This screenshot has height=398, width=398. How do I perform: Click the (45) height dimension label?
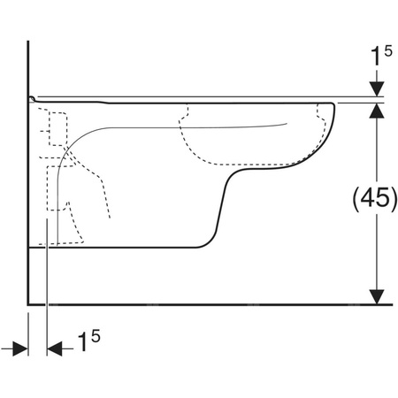[x=375, y=197]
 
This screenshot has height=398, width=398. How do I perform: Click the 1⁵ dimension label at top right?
[x=381, y=56]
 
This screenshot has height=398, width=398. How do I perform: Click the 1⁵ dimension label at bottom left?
[x=88, y=341]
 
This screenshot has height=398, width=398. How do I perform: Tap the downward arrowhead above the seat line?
[x=377, y=89]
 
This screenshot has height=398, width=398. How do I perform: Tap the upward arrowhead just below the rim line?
[x=377, y=111]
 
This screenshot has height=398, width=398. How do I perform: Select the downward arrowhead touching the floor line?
[x=377, y=296]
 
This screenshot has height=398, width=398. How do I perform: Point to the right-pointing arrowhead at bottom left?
[x=20, y=348]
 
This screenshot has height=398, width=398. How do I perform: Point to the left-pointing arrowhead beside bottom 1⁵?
[x=55, y=348]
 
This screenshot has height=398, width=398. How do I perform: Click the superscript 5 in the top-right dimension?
[x=388, y=51]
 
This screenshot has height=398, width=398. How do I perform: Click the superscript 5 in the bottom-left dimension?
[x=96, y=335]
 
